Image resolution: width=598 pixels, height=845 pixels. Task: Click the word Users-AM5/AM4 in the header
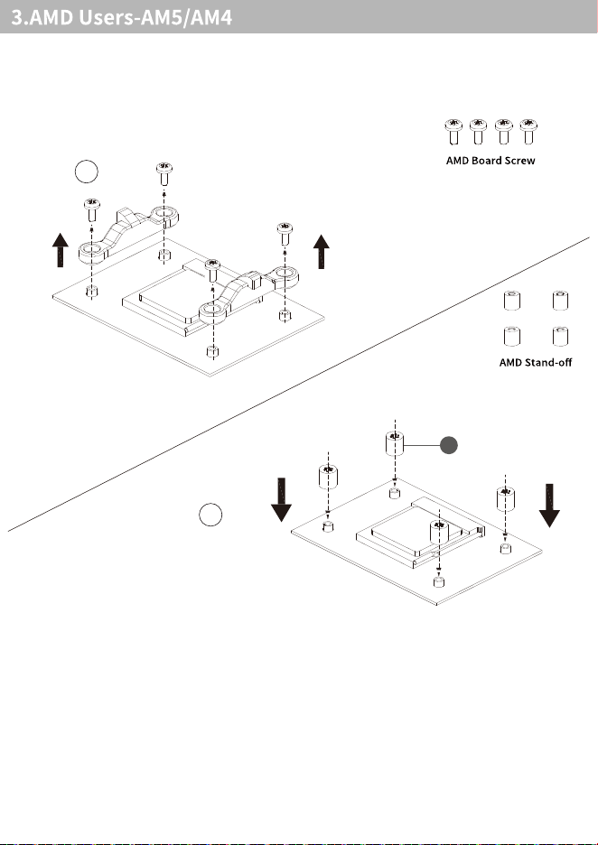(x=156, y=17)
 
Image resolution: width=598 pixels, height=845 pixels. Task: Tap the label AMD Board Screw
(x=491, y=161)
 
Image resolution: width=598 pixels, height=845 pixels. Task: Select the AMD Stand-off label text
(x=536, y=362)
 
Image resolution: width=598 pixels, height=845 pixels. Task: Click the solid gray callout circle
(x=449, y=446)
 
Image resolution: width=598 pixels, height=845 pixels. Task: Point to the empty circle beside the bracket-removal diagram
(x=87, y=172)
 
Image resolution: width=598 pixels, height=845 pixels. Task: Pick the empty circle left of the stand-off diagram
(x=210, y=515)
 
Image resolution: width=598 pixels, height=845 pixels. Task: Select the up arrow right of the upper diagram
(x=322, y=251)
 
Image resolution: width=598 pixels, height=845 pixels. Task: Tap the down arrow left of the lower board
(x=281, y=499)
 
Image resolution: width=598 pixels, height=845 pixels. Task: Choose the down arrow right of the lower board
(x=549, y=505)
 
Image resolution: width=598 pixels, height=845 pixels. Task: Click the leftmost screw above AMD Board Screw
(x=453, y=132)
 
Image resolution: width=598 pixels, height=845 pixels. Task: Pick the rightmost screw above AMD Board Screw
(x=528, y=132)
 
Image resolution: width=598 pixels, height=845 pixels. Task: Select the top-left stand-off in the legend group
(x=511, y=300)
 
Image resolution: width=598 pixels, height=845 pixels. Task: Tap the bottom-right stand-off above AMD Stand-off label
(x=560, y=336)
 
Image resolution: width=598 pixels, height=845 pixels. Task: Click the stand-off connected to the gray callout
(x=395, y=443)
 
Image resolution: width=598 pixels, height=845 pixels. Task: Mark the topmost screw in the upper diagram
(x=164, y=174)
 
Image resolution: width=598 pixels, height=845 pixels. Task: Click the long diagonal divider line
(x=299, y=385)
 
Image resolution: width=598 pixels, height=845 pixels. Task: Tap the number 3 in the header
(x=17, y=18)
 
